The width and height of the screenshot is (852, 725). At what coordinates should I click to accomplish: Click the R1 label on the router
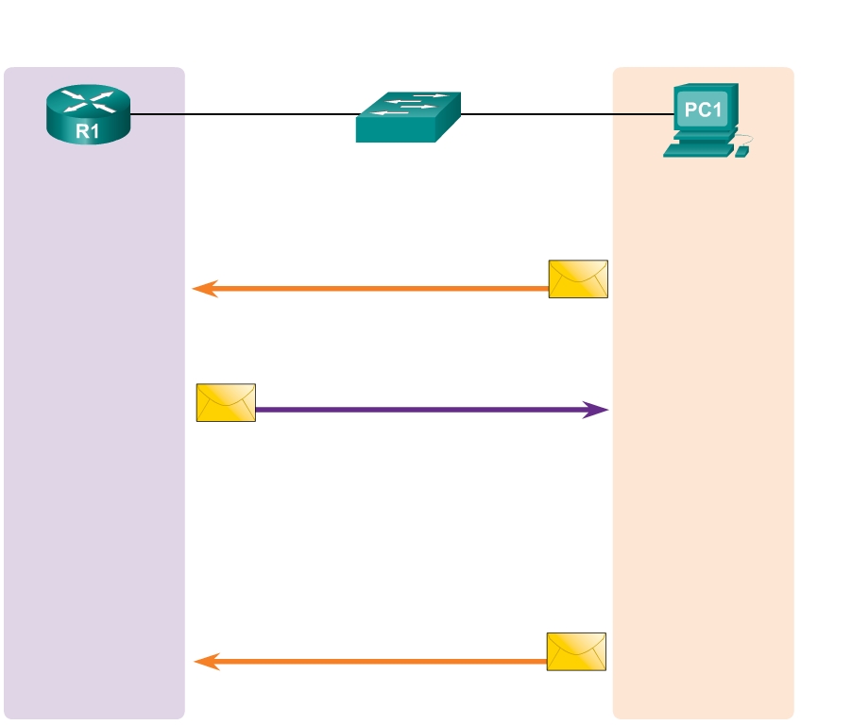[87, 131]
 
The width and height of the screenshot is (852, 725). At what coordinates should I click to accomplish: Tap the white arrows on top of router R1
[87, 101]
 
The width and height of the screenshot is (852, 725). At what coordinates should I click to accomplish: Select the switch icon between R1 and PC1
[408, 117]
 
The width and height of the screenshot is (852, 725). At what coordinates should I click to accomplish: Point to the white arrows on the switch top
[410, 105]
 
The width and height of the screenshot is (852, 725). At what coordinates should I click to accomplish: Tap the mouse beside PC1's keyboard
[741, 151]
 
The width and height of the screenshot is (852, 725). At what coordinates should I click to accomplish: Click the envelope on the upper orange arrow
[578, 278]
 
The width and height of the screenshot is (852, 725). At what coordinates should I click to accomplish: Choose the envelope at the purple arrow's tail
[226, 402]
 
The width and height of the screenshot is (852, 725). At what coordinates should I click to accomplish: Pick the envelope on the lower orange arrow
[576, 651]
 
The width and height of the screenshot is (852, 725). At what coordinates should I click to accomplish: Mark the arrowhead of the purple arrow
[597, 410]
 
